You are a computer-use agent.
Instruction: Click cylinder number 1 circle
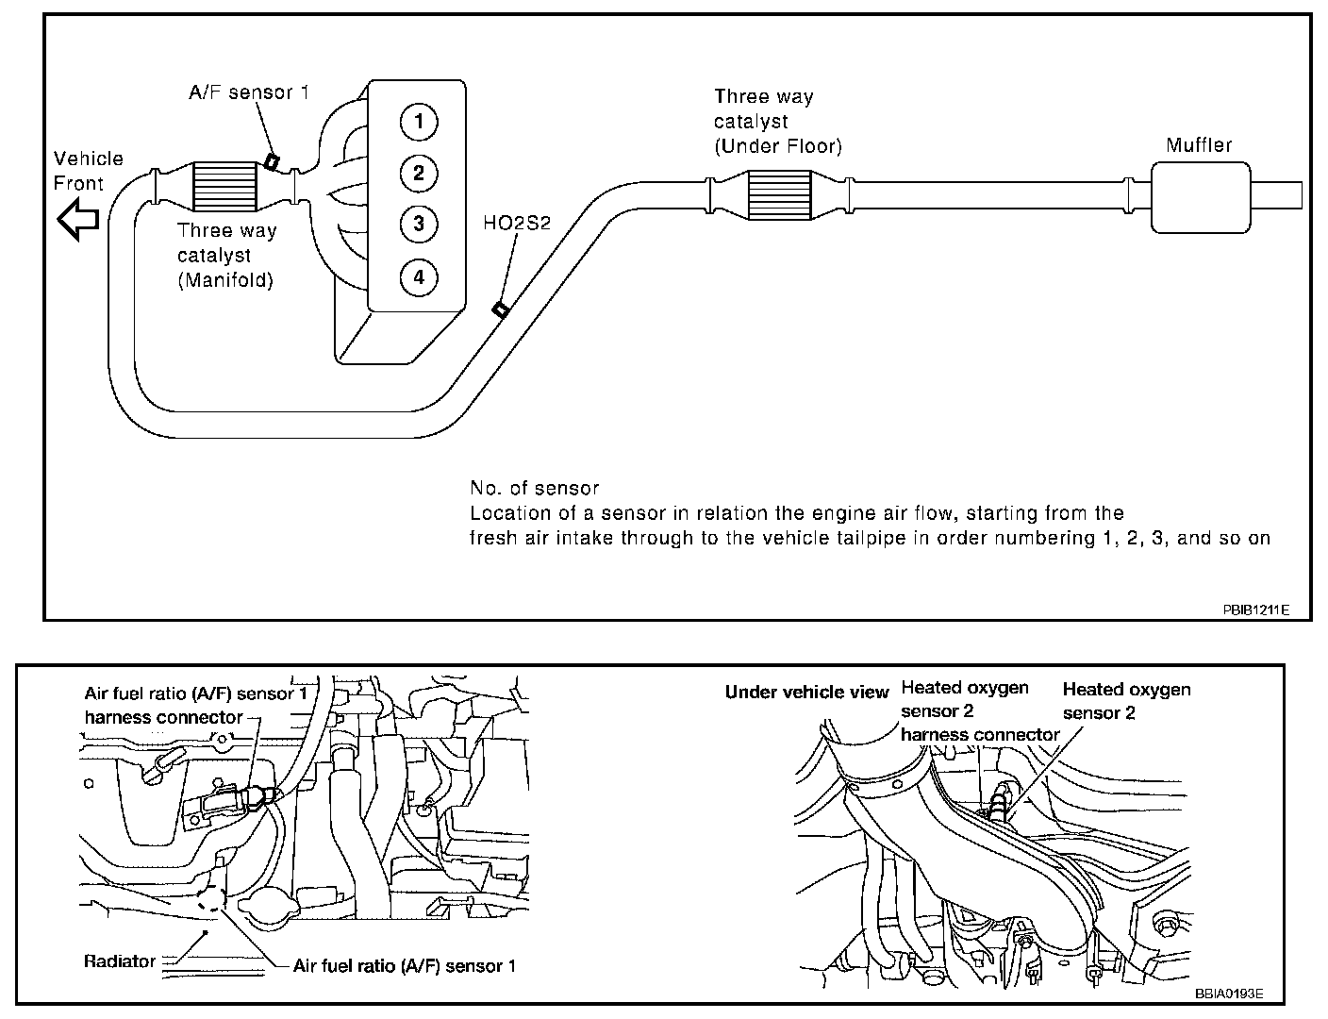click(418, 122)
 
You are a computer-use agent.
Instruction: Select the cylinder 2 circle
click(418, 173)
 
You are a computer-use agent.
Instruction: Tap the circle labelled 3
click(418, 225)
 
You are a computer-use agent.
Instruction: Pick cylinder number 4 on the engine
click(418, 277)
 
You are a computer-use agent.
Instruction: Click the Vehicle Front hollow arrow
click(77, 220)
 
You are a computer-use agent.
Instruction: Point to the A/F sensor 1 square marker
click(272, 161)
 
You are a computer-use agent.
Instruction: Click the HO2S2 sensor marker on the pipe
click(500, 309)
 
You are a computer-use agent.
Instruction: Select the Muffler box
click(1200, 196)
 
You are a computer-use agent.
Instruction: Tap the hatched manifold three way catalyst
click(224, 186)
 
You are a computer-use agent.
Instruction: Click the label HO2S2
click(517, 223)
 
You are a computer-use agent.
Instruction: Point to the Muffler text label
click(1199, 145)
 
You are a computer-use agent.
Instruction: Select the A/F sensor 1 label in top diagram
click(249, 92)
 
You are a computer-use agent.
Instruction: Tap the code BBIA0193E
click(1229, 994)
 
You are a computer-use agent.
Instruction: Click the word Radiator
click(120, 961)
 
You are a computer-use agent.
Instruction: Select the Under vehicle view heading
click(806, 693)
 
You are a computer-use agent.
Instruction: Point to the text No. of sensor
click(534, 489)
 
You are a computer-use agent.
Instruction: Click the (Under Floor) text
click(778, 146)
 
